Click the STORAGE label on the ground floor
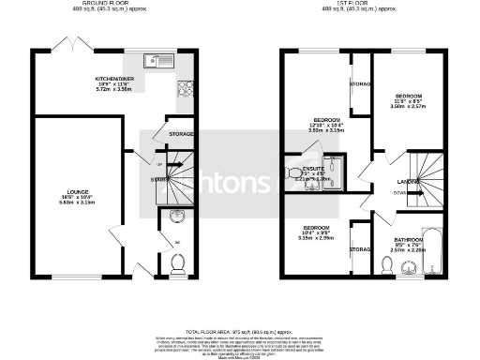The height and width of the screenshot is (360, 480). coord(180,135)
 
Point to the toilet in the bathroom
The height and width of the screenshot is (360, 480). coord(389,265)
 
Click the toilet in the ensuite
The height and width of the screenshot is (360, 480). coord(292,172)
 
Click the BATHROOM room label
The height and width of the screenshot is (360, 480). coord(409,242)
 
